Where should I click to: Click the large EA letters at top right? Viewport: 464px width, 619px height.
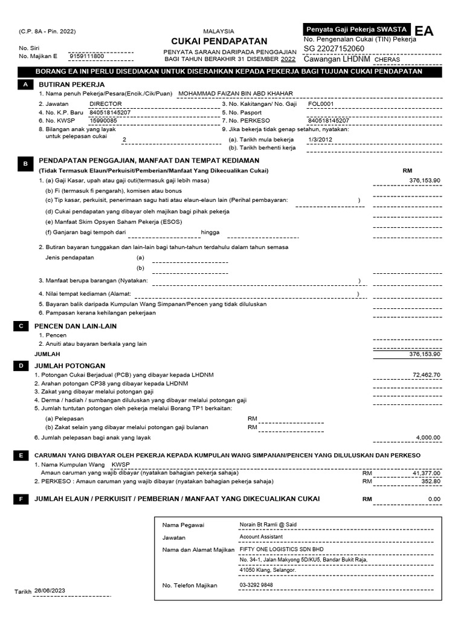[424, 31]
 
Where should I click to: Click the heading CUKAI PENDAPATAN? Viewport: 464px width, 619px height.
[219, 41]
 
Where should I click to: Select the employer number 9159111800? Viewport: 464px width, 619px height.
[87, 56]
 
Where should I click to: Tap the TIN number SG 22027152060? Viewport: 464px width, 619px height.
[334, 48]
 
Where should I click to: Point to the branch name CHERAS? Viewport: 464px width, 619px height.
[387, 60]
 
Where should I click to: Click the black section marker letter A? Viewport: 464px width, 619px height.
[25, 86]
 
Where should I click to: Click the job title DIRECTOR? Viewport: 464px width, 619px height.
[106, 103]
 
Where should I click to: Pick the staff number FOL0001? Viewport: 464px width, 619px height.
[321, 103]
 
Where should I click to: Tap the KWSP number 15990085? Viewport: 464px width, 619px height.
[103, 120]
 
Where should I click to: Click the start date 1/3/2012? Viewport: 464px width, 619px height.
[320, 138]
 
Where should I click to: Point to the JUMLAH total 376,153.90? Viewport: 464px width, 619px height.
[425, 354]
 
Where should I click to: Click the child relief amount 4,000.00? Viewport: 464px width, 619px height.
[428, 438]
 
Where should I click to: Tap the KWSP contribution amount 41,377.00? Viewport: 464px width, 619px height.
[426, 473]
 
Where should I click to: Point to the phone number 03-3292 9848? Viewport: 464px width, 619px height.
[256, 585]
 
